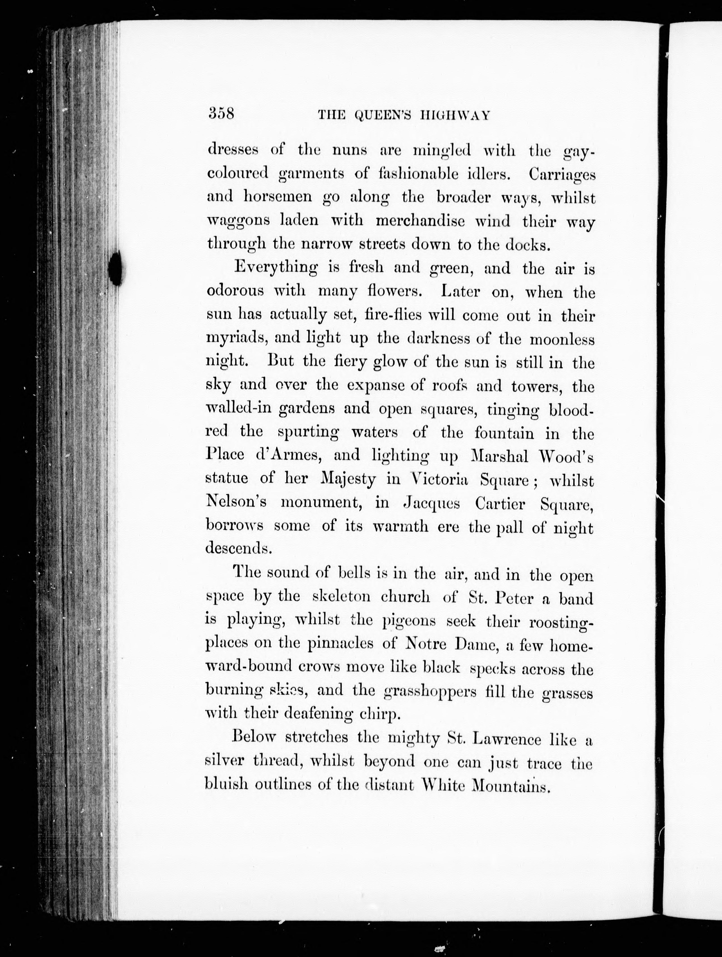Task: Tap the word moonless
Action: [562, 339]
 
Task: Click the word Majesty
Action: [348, 479]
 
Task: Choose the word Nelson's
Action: [236, 502]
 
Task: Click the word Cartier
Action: [500, 504]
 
